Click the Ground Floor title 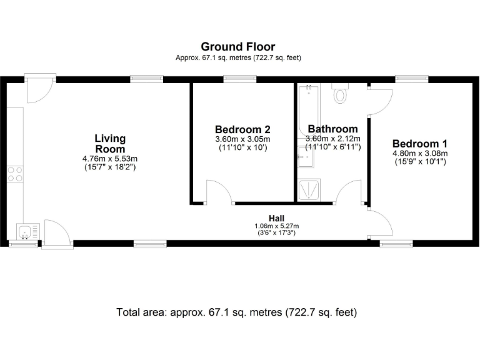[237, 46]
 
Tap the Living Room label [110, 144]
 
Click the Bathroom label [332, 129]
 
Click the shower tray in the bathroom [309, 189]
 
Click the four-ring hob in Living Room [15, 174]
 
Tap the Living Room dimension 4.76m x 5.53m [110, 159]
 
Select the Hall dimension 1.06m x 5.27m [277, 226]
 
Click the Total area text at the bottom [237, 312]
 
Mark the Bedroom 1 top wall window [412, 79]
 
